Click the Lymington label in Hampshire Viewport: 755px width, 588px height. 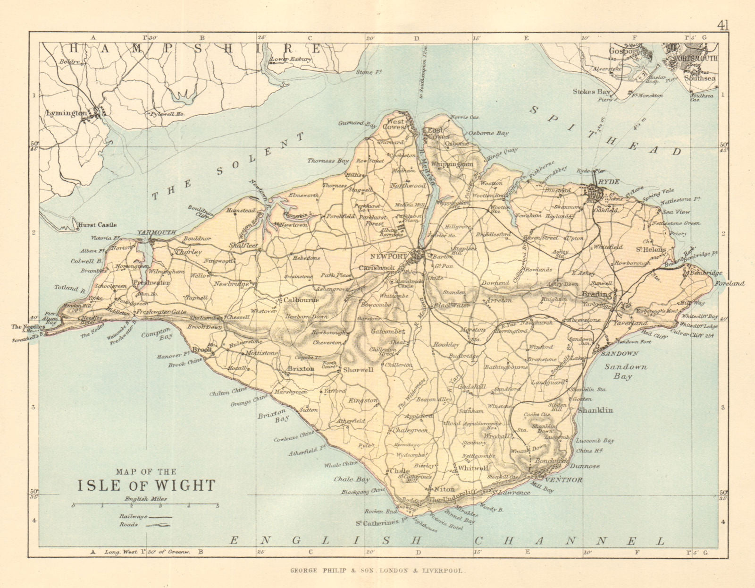66,113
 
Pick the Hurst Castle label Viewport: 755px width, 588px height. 98,225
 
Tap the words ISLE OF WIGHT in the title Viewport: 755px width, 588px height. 146,486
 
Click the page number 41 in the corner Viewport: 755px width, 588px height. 722,25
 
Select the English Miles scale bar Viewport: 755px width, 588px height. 145,505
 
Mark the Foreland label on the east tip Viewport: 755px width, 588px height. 730,283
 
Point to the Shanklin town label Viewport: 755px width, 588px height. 596,410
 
